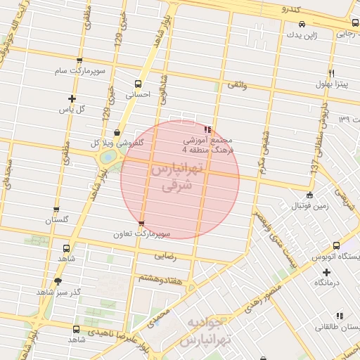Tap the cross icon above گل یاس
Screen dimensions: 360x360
point(71,98)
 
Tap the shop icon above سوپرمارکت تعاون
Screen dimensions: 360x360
point(142,224)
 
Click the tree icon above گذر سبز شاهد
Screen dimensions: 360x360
point(58,281)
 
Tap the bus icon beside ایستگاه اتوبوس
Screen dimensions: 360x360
point(336,246)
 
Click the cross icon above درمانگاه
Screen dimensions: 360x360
point(326,271)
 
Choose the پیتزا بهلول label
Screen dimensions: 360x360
point(330,84)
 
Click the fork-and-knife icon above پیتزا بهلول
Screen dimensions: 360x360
point(330,73)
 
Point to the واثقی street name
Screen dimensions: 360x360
point(236,85)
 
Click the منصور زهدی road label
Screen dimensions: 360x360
point(264,295)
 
